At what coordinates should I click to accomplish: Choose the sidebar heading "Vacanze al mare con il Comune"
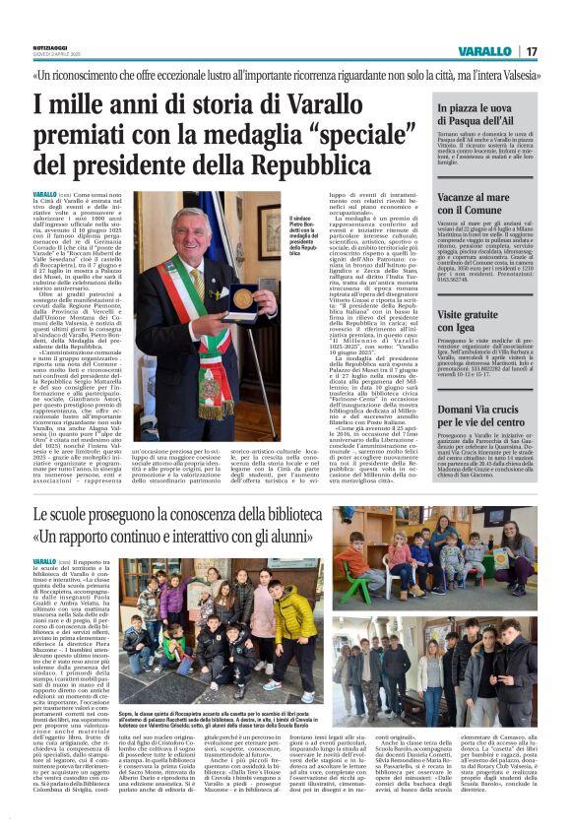(483, 203)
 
